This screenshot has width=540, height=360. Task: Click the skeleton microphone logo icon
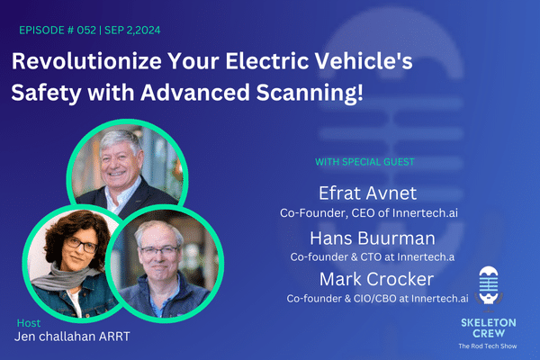click(490, 287)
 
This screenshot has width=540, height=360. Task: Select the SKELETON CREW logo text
click(490, 327)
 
